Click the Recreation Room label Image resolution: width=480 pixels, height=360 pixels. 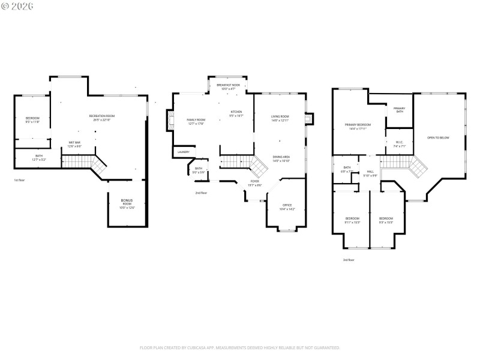pyautogui.click(x=101, y=116)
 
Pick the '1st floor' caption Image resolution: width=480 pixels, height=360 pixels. pyautogui.click(x=20, y=180)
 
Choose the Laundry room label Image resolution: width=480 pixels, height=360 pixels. pyautogui.click(x=183, y=152)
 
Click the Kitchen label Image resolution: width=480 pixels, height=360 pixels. pyautogui.click(x=236, y=112)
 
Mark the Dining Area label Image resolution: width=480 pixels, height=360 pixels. pyautogui.click(x=281, y=157)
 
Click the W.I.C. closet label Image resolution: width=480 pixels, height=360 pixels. pyautogui.click(x=400, y=142)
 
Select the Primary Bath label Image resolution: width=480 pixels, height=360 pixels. pyautogui.click(x=400, y=110)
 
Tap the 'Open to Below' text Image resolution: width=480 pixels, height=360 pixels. pyautogui.click(x=437, y=138)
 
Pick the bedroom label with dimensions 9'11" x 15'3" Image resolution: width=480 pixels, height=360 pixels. pyautogui.click(x=352, y=218)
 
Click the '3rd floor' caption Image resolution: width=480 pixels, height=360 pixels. pyautogui.click(x=349, y=260)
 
